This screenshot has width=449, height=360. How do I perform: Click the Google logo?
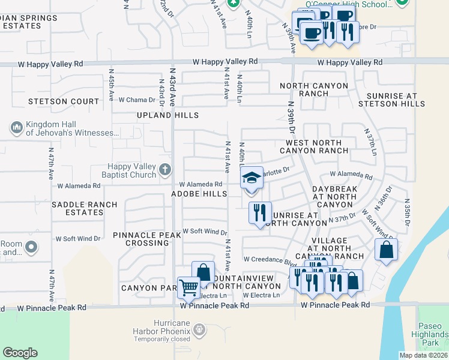20,353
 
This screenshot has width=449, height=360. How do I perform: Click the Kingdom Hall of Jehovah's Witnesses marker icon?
16,128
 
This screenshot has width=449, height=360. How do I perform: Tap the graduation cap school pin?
252,178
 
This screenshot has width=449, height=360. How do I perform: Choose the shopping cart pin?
188,287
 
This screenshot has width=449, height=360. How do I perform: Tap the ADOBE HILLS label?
199,194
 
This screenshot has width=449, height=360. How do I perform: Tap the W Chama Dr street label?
137,100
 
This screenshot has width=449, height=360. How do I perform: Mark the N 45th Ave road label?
111,84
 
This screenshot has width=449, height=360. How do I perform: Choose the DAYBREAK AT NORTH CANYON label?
335,196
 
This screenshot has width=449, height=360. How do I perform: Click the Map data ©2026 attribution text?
423,355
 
